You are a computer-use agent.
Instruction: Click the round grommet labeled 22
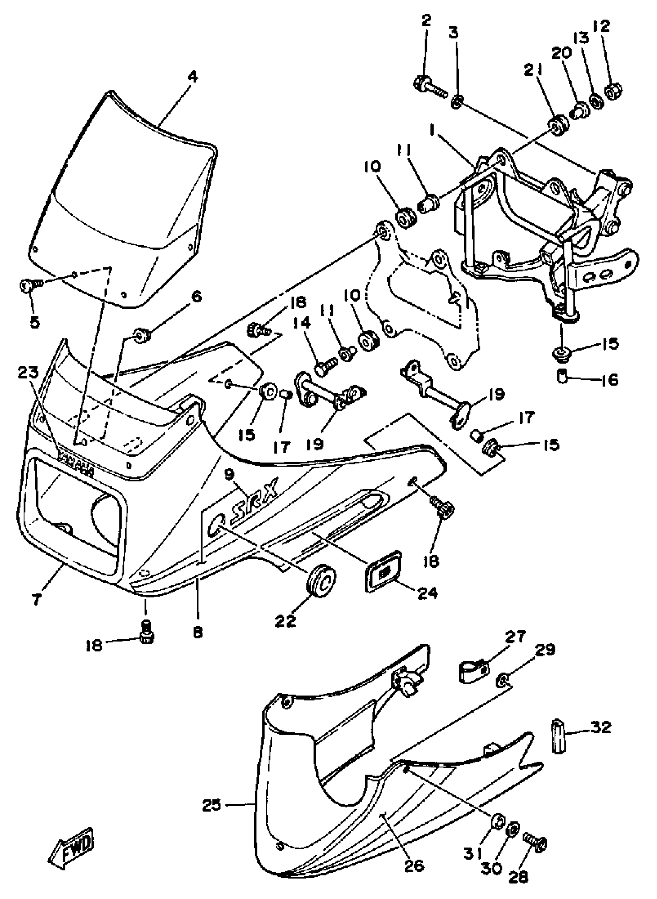[x=320, y=579]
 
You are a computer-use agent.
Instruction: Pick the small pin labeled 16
[x=561, y=376]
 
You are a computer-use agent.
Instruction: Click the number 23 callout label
[x=29, y=373]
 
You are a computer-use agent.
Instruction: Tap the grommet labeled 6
[x=141, y=335]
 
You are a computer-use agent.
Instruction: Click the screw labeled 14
[x=325, y=365]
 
